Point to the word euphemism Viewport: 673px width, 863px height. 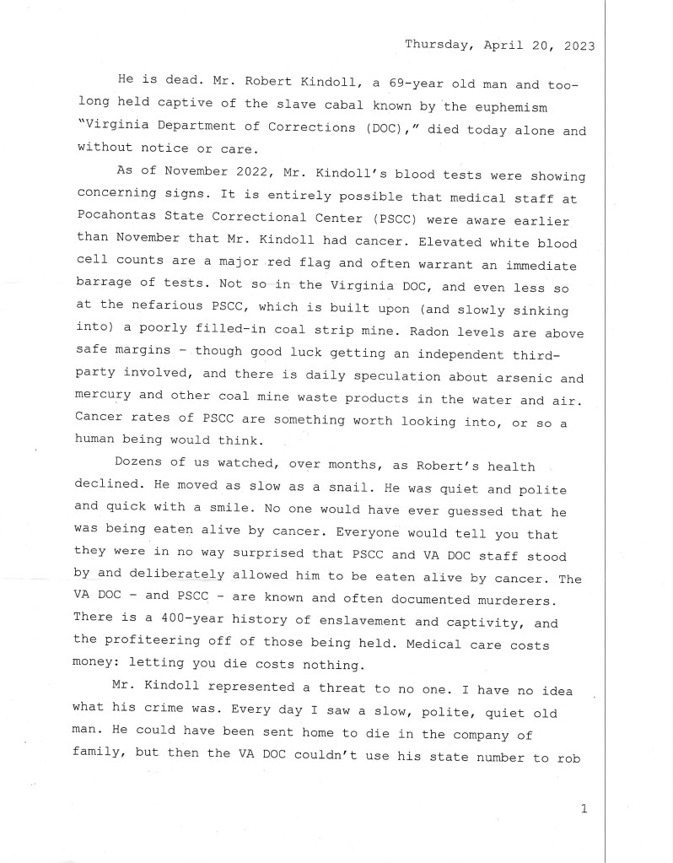coord(513,108)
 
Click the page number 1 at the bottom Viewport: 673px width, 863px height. coord(584,810)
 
